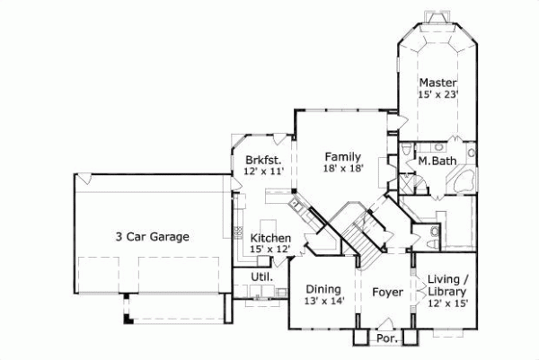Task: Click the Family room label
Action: coord(343,155)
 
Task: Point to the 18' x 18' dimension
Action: coord(343,168)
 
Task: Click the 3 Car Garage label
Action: coord(152,237)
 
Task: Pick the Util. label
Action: coord(261,277)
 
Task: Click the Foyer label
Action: coord(387,292)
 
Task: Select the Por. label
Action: coord(387,340)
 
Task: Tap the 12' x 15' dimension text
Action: coord(447,305)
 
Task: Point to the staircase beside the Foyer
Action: coord(364,235)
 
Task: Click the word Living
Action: coord(443,280)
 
